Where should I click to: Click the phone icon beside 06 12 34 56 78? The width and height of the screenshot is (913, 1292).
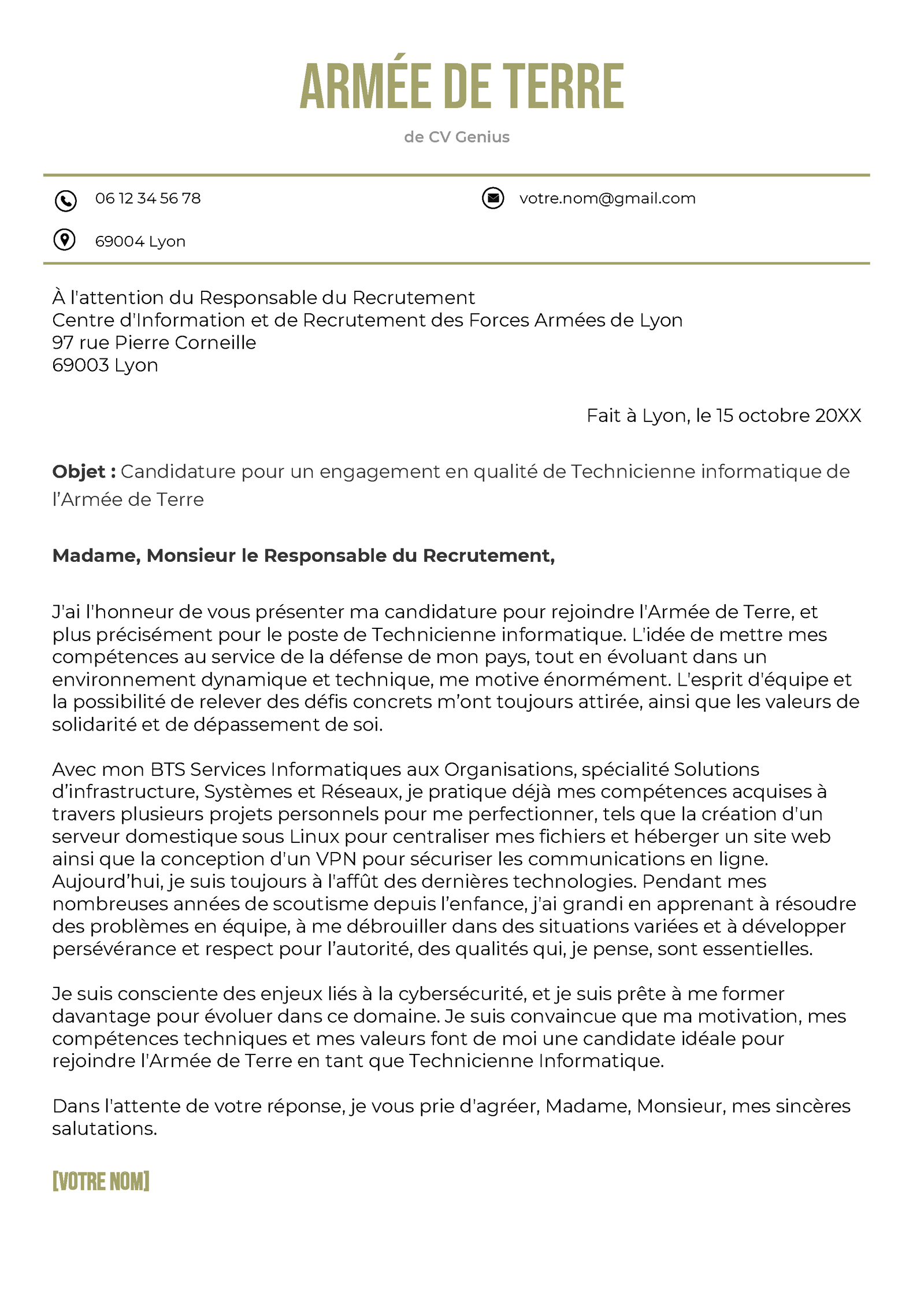(65, 201)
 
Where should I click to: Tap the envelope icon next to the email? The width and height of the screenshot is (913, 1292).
(492, 198)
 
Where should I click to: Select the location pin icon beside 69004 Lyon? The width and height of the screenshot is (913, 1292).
(64, 239)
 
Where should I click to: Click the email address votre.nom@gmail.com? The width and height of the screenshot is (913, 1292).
(607, 198)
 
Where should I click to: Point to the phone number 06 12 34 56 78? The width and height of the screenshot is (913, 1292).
(147, 198)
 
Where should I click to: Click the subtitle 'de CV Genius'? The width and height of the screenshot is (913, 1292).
(456, 137)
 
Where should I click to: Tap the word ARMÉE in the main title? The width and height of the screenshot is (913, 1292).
(365, 87)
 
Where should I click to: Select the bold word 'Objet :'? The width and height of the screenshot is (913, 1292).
(84, 472)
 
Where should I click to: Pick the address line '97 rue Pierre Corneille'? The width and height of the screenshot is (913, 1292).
(154, 342)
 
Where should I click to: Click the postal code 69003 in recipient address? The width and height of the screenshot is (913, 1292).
(80, 365)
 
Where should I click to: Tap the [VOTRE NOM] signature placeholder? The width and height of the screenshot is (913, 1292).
(101, 1182)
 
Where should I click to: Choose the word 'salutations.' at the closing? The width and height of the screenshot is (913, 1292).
(105, 1128)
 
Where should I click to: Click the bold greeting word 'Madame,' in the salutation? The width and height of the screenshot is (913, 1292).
(96, 556)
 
